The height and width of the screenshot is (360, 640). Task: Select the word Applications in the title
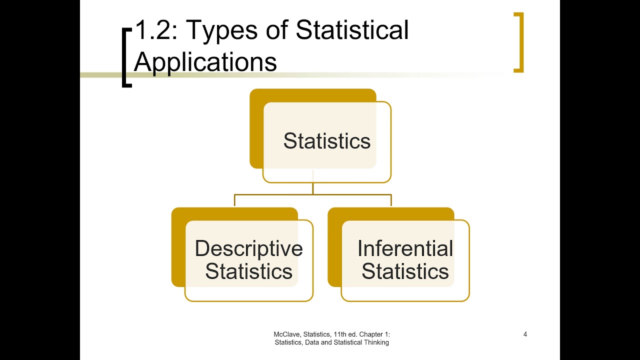[205, 62]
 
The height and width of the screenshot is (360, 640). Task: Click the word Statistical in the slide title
[352, 30]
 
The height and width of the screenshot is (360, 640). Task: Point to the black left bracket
[125, 56]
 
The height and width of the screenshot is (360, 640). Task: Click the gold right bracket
[519, 42]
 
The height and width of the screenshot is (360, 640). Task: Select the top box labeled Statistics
[326, 141]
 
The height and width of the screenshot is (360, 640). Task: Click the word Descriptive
[248, 248]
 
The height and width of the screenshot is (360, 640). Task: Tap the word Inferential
[405, 248]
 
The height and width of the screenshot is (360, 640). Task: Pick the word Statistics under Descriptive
[248, 271]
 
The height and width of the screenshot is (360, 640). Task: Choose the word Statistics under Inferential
[405, 271]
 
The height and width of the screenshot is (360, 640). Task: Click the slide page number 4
[525, 334]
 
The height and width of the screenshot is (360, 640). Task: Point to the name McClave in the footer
[286, 334]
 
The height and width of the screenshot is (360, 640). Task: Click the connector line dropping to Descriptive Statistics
[234, 200]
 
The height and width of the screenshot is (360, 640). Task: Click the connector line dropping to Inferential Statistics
[391, 200]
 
